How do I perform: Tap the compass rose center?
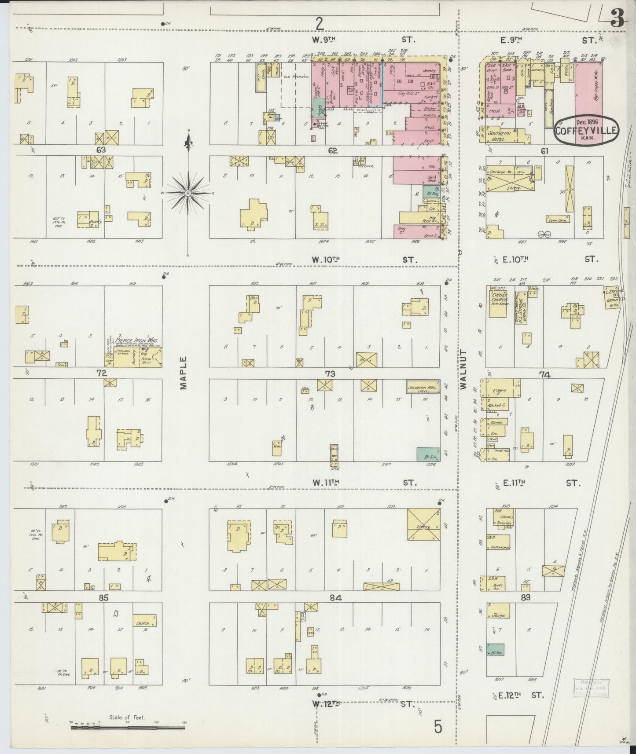coord(188,193)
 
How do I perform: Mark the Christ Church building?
coord(497,301)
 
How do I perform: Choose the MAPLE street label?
coord(184,372)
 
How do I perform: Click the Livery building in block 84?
coord(423,525)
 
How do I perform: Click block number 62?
coord(332,150)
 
